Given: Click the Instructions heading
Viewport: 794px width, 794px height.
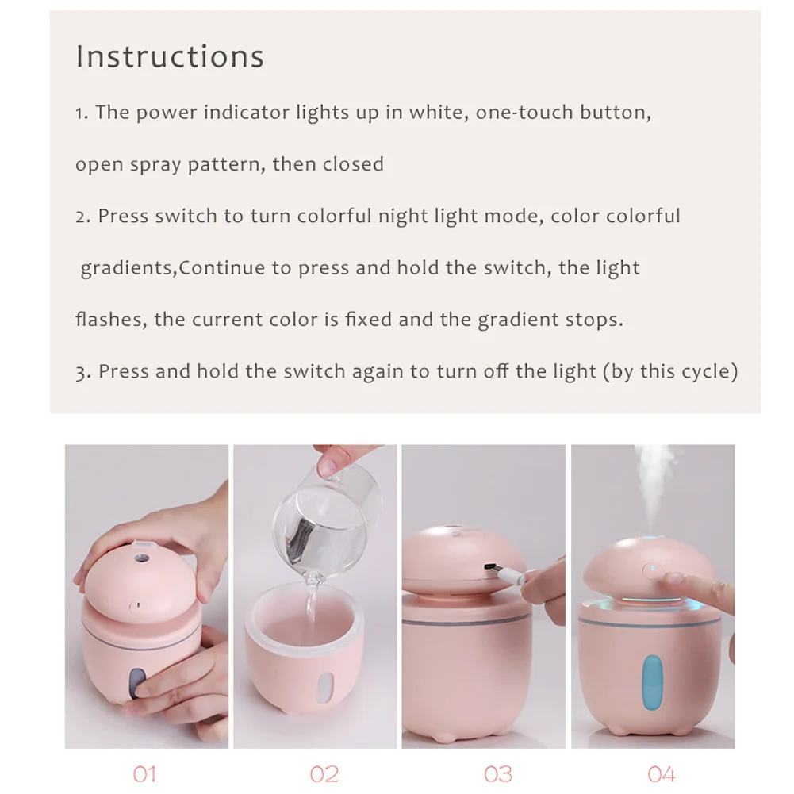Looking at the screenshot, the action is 170,56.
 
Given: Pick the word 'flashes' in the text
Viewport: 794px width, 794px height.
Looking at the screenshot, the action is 111,320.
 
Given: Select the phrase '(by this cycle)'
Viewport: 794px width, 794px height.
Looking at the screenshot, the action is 670,372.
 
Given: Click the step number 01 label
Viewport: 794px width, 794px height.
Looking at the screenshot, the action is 145,774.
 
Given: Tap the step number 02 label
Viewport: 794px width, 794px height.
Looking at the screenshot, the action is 324,774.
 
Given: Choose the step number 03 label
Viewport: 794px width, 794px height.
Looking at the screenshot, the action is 498,774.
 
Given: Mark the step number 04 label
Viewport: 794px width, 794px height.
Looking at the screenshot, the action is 662,774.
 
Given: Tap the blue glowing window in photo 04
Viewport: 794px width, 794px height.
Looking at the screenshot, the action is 652,682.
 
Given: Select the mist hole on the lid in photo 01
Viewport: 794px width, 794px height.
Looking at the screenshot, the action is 140,558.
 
